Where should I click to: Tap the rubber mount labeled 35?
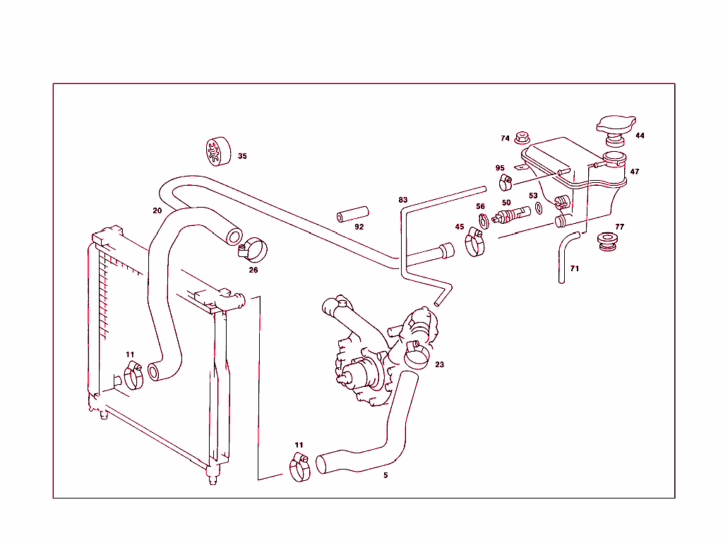(213, 151)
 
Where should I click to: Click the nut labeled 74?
(522, 138)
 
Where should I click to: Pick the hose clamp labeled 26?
(253, 249)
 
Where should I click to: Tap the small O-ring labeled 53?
(538, 208)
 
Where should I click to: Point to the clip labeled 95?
(506, 184)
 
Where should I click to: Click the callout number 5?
(386, 475)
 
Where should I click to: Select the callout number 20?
(157, 210)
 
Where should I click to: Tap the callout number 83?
(403, 200)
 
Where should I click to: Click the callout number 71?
(574, 269)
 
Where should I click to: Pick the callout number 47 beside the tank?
(635, 172)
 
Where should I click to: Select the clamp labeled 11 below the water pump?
(300, 467)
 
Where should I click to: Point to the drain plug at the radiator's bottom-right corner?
(211, 481)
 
